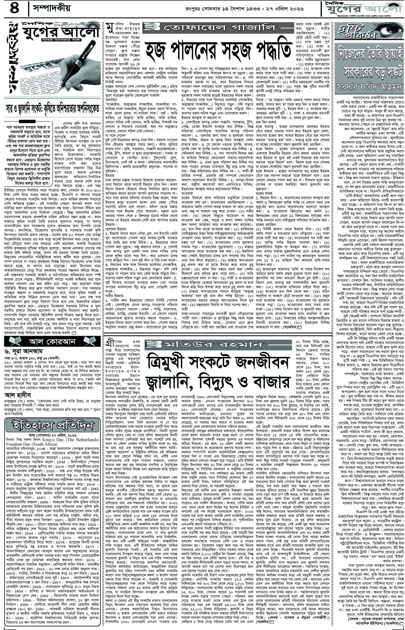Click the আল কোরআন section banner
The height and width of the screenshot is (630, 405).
coord(53,341)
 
